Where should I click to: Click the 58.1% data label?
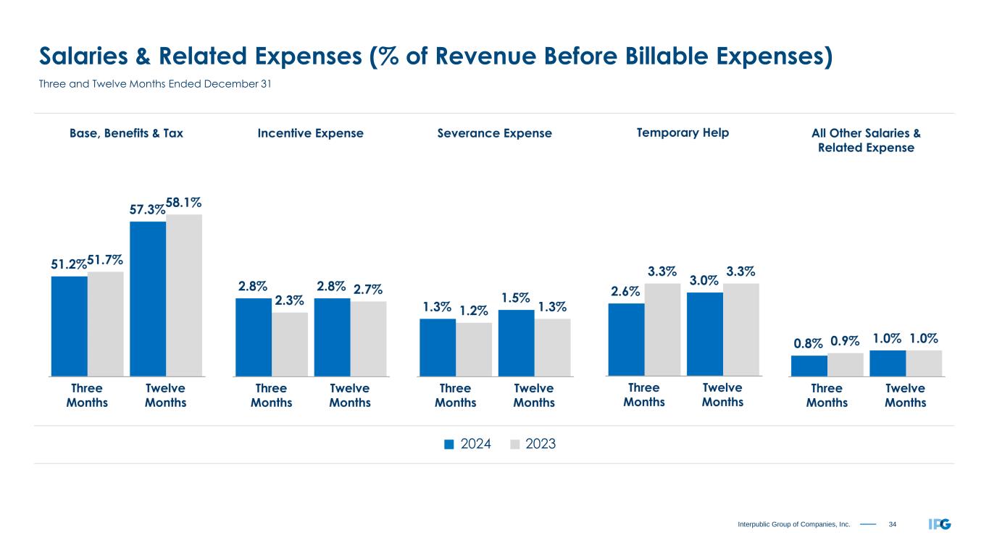pyautogui.click(x=184, y=203)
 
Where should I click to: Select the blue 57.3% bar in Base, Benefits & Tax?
pyautogui.click(x=148, y=298)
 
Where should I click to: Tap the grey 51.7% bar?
pyautogui.click(x=106, y=324)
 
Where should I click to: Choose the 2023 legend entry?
pyautogui.click(x=533, y=445)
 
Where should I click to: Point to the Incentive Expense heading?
pyautogui.click(x=311, y=133)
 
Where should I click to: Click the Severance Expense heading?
pyautogui.click(x=495, y=133)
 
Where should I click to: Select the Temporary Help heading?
pyautogui.click(x=683, y=132)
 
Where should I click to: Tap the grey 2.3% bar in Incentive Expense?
pyautogui.click(x=290, y=344)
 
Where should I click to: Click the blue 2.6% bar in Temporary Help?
pyautogui.click(x=626, y=340)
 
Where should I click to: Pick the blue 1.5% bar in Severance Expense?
pyautogui.click(x=517, y=342)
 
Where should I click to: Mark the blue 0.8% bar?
pyautogui.click(x=809, y=366)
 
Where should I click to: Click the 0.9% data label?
pyautogui.click(x=846, y=339)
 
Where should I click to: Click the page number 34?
pyautogui.click(x=892, y=523)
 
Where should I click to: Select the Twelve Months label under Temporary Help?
pyautogui.click(x=722, y=395)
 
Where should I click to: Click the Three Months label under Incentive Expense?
pyautogui.click(x=271, y=395)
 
